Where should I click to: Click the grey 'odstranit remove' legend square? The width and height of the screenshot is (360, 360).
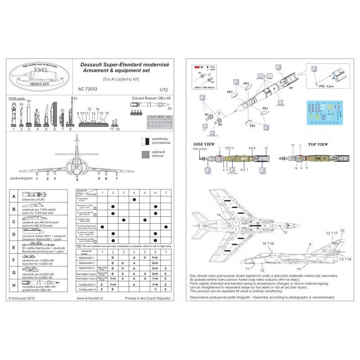[x=144, y=155]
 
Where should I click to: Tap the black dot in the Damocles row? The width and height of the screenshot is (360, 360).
[x=134, y=199]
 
